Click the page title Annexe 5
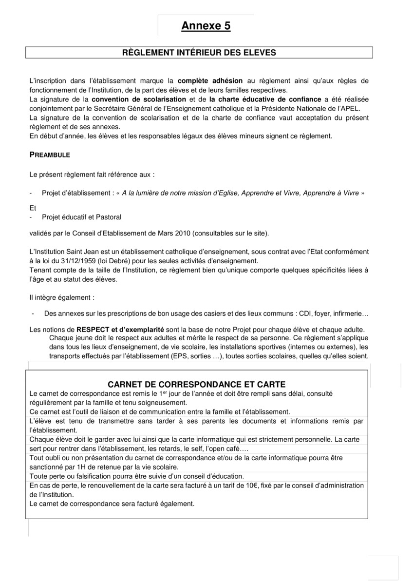pyautogui.click(x=206, y=26)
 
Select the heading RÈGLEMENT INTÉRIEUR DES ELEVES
pyautogui.click(x=199, y=53)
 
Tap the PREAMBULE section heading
pyautogui.click(x=50, y=155)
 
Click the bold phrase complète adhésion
pyautogui.click(x=210, y=80)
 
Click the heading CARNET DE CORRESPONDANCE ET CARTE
pyautogui.click(x=196, y=384)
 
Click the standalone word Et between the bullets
pyautogui.click(x=33, y=208)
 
